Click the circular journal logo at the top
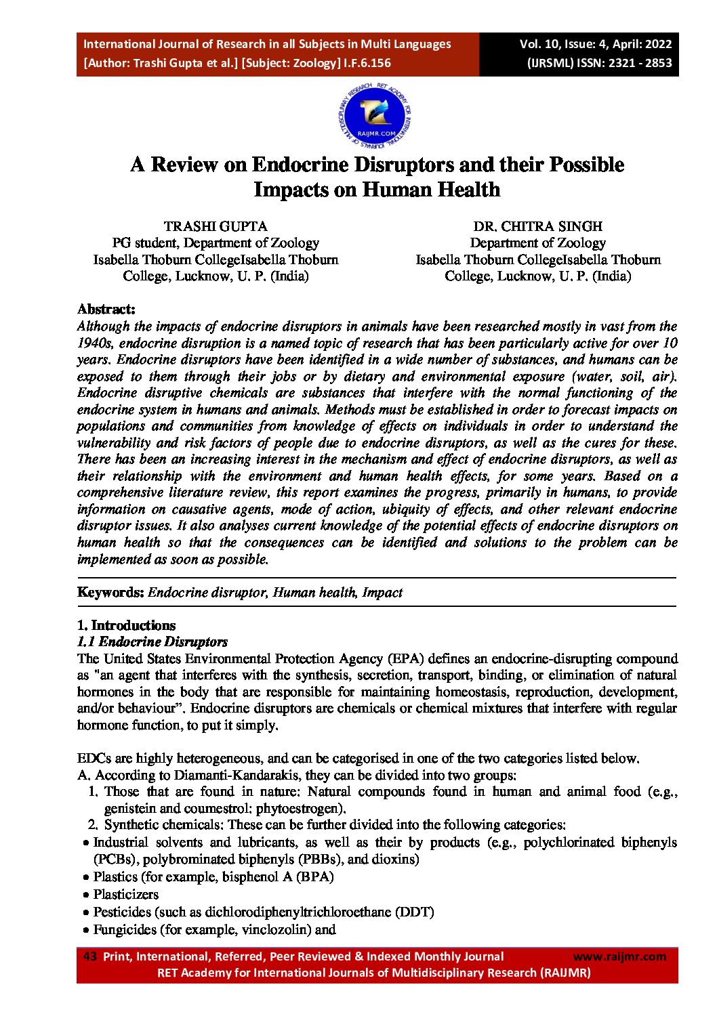coord(375,116)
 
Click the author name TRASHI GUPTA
coord(216,226)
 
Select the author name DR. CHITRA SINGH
coord(537,226)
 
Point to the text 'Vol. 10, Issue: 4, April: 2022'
coord(596,44)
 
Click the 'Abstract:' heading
coord(106,310)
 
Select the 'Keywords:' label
coord(110,593)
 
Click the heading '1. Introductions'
coord(126,625)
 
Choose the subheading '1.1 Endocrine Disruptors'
coord(152,642)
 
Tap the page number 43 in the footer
coord(89,956)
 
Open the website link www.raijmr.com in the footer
coord(619,956)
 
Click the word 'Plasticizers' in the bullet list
coord(126,894)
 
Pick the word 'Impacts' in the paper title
coord(291,190)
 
